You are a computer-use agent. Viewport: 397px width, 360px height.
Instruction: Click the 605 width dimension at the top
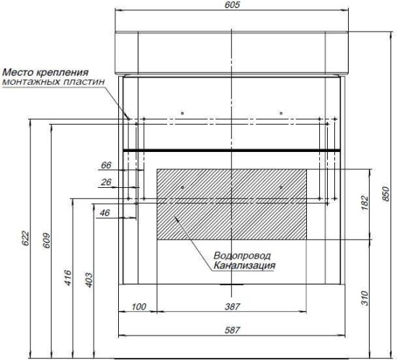232,4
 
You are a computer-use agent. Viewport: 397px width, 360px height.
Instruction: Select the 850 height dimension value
385,194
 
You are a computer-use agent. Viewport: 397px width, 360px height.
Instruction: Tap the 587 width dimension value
232,330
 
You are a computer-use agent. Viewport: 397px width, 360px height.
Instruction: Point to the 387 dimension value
232,307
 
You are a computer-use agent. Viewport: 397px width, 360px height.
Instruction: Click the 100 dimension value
139,307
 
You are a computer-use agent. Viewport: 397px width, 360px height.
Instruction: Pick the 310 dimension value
365,298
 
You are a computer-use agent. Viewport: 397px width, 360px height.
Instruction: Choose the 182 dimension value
365,202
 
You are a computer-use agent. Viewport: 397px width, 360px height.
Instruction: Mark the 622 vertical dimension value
25,238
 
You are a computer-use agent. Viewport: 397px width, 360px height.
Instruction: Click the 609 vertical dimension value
47,240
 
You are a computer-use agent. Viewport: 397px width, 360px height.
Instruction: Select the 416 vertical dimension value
68,278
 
